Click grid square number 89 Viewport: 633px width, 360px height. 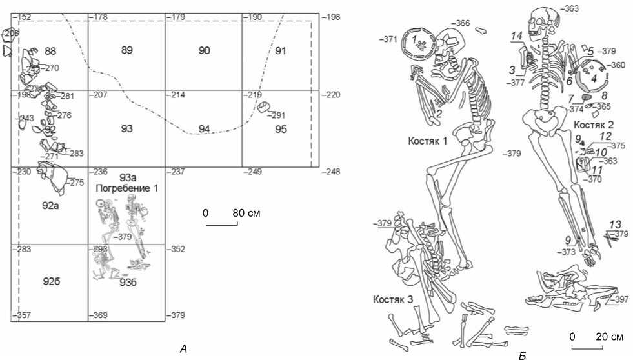[126, 50]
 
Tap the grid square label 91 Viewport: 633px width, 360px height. [280, 50]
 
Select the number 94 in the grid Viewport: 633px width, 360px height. [204, 129]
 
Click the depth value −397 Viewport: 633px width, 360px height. [619, 300]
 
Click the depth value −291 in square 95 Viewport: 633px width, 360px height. [277, 116]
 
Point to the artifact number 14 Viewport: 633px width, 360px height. [516, 37]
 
